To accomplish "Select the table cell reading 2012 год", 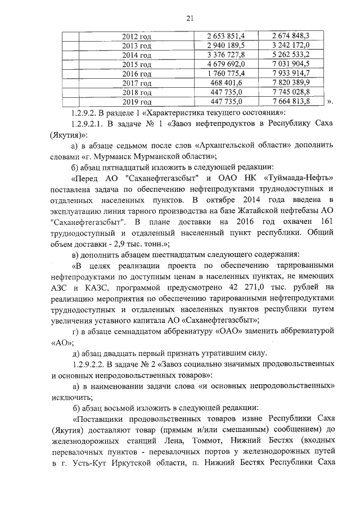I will (137, 37).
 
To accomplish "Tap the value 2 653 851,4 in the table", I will (225, 37).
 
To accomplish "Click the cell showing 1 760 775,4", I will (225, 74).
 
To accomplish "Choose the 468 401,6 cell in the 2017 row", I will (225, 83).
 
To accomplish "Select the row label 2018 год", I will (137, 92).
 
